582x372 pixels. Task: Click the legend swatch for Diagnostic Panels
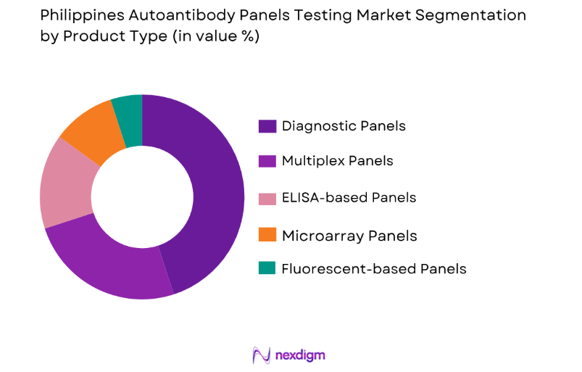tap(267, 126)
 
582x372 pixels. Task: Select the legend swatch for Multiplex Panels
tap(267, 161)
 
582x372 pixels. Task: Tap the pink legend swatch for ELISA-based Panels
tap(267, 197)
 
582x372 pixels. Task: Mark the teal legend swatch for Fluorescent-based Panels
tap(267, 268)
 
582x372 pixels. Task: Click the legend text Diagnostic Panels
tap(344, 126)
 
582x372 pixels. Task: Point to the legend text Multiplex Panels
tap(337, 161)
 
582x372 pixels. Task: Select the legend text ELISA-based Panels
tap(349, 197)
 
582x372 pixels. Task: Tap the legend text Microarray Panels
tap(349, 235)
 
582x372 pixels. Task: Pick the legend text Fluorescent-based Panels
tap(374, 269)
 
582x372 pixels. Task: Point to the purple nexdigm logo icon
tap(261, 355)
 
